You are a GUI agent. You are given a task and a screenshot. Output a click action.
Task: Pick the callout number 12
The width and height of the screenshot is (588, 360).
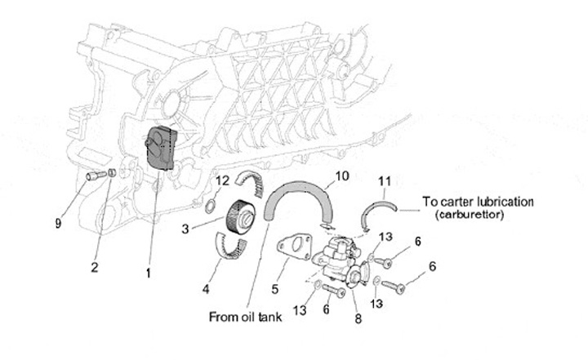tap(221, 180)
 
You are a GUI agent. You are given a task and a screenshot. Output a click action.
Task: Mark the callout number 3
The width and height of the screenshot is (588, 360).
tap(185, 229)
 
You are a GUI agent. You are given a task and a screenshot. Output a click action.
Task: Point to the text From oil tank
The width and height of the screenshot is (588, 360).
tap(246, 317)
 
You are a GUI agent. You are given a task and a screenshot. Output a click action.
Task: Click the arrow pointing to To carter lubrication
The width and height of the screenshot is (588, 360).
tap(409, 209)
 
